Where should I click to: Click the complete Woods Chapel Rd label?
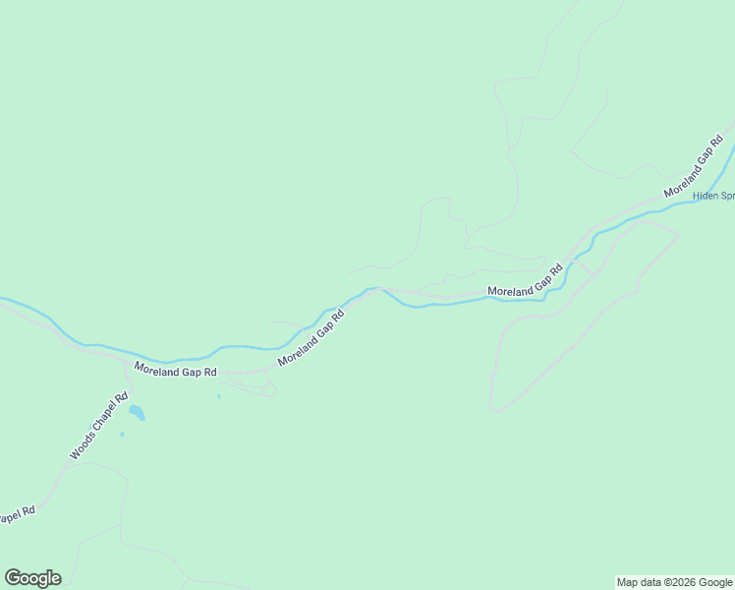click(x=99, y=428)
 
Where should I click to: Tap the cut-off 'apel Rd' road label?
click(x=17, y=515)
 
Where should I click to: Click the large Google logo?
click(x=32, y=578)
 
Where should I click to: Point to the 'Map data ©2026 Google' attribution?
click(x=675, y=582)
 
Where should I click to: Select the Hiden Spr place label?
click(x=713, y=196)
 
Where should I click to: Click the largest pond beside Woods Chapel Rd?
click(x=136, y=413)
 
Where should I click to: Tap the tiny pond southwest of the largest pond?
click(x=122, y=434)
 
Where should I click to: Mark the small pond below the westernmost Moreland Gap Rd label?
click(x=218, y=397)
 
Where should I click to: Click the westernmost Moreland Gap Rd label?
click(x=175, y=371)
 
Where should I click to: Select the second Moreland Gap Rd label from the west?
click(x=312, y=339)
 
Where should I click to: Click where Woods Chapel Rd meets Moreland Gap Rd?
click(x=131, y=366)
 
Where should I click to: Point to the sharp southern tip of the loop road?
click(x=497, y=411)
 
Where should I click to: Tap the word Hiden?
click(x=706, y=196)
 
